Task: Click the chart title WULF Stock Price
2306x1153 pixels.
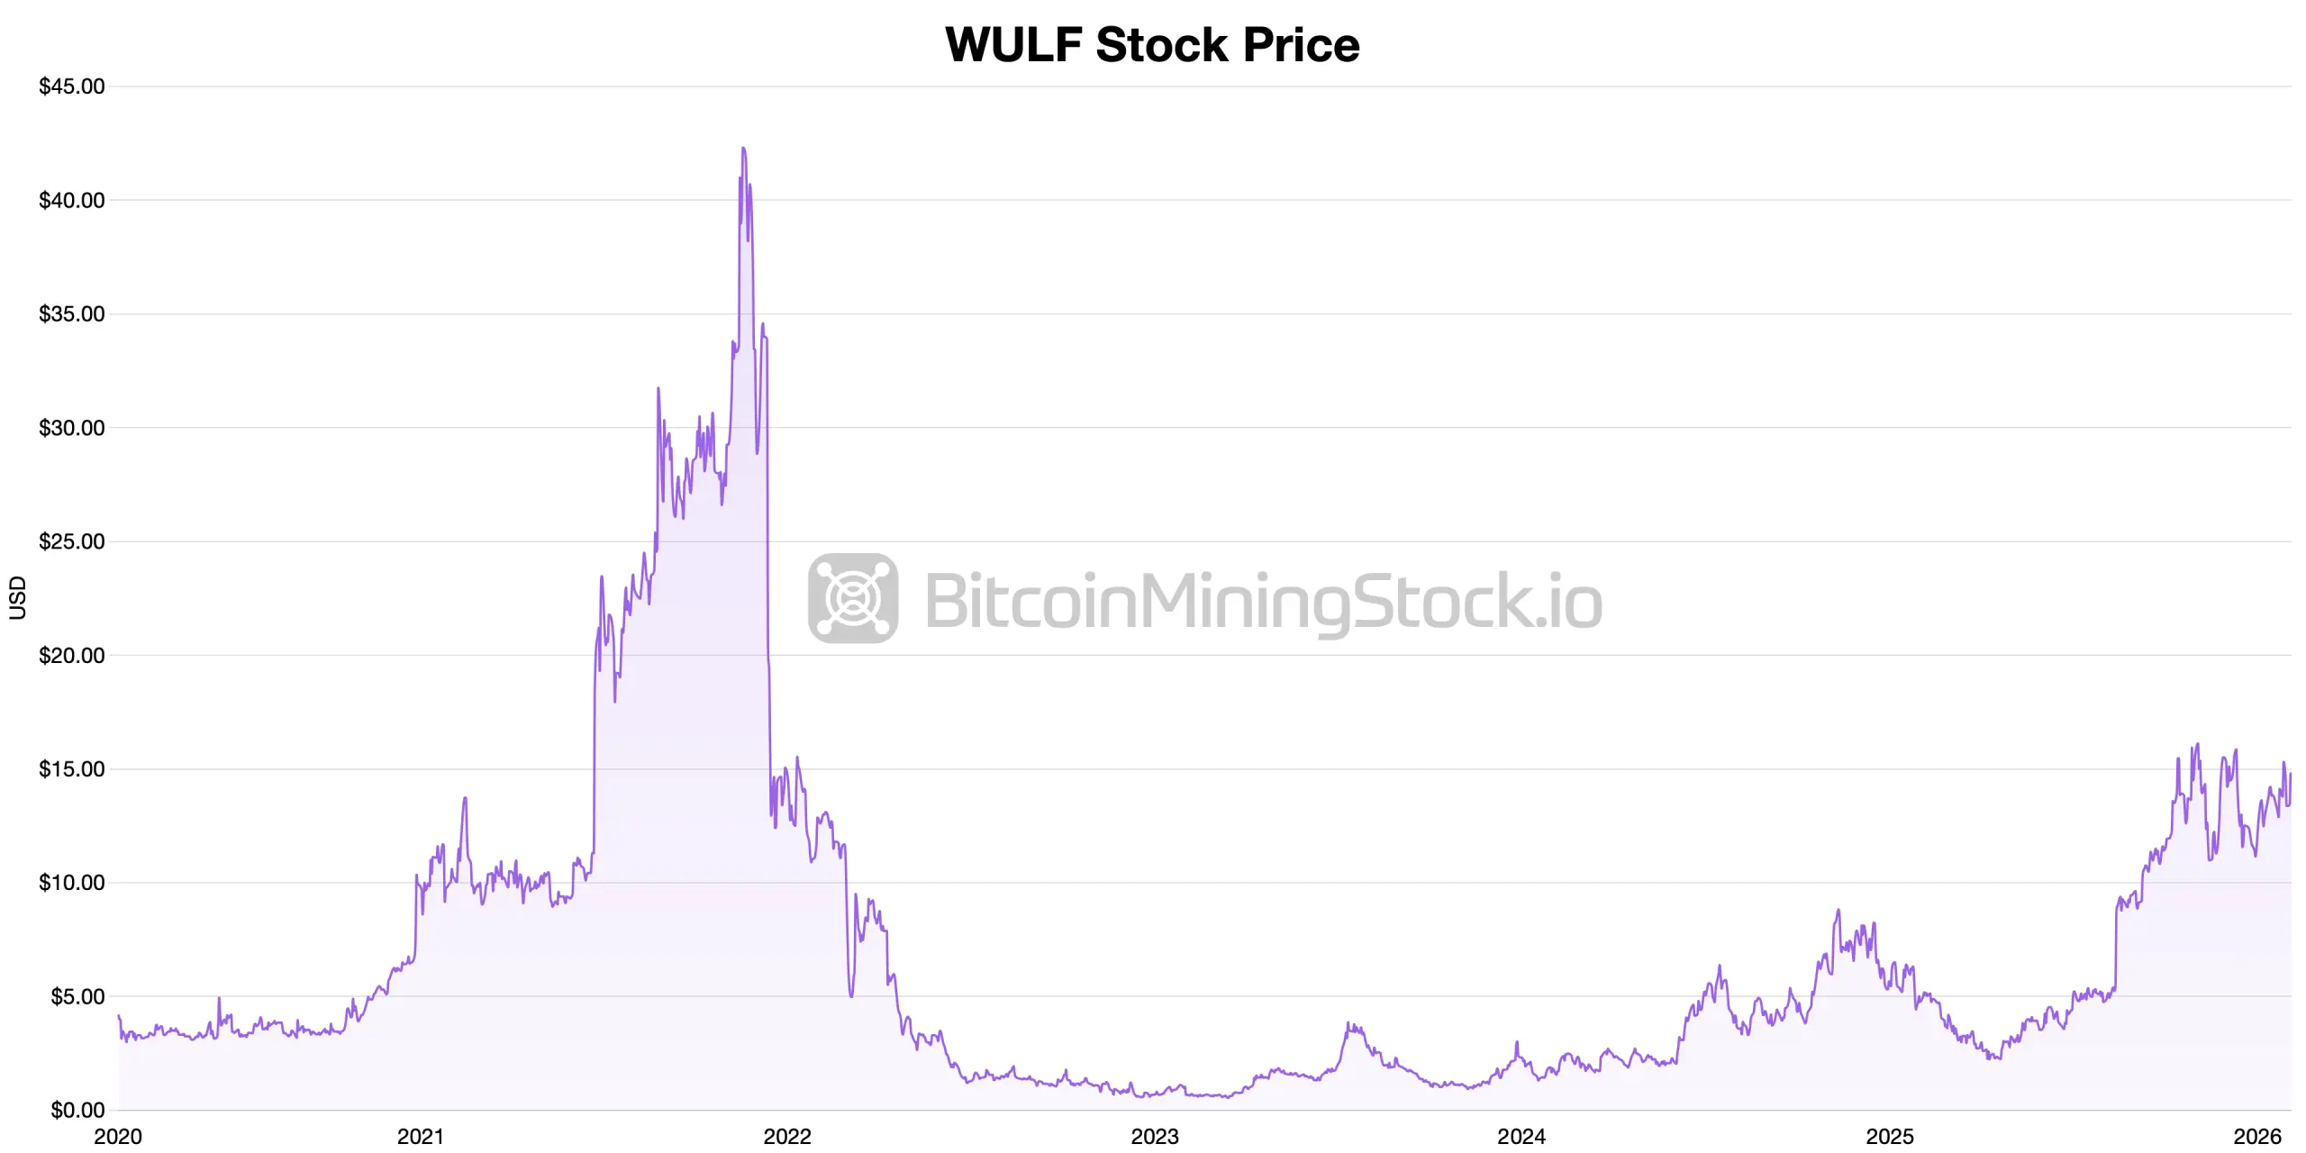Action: point(1152,44)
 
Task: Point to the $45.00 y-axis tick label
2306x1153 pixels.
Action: point(72,86)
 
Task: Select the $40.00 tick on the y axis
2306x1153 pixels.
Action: point(72,200)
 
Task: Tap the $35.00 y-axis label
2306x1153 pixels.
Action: point(72,313)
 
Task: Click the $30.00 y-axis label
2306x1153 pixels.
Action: point(72,428)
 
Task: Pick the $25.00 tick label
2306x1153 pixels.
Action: point(72,541)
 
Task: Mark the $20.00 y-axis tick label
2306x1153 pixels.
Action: point(72,655)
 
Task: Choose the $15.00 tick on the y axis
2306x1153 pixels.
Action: point(72,768)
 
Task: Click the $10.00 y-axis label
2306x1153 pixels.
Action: point(72,883)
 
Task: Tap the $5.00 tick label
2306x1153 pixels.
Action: point(77,996)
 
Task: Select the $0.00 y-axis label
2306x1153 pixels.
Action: point(77,1110)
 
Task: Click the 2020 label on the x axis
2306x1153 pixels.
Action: point(118,1137)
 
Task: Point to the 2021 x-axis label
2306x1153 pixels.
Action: point(421,1137)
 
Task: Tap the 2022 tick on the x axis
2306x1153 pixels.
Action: point(787,1137)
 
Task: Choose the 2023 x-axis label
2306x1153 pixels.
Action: point(1155,1137)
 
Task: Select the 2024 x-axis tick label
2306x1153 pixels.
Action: point(1521,1137)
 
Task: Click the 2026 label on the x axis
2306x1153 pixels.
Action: point(2257,1137)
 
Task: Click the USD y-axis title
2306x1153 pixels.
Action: point(18,597)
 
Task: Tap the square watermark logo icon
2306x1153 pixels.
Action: point(853,598)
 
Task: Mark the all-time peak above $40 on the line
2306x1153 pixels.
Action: point(743,149)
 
